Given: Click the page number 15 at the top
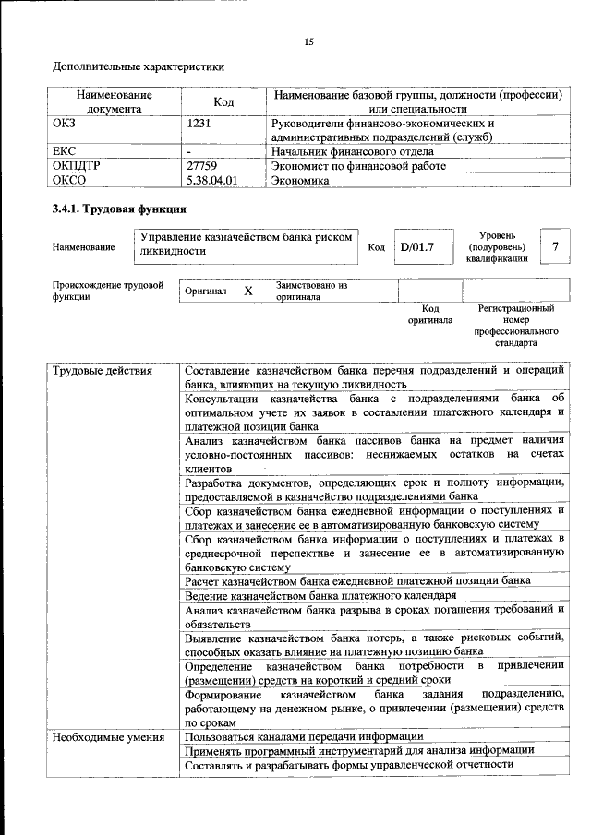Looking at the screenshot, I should tap(309, 42).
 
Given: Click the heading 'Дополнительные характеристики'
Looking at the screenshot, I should tap(139, 66).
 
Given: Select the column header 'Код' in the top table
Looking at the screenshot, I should tap(223, 102).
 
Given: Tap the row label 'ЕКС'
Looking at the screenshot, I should tap(66, 151).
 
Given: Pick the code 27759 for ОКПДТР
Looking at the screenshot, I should tap(204, 166).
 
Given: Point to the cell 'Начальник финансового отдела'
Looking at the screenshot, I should tap(352, 151).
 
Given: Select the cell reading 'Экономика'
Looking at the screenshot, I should tap(300, 181).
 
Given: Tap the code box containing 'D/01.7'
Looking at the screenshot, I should tap(416, 247).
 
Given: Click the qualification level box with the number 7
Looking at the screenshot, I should tap(554, 246).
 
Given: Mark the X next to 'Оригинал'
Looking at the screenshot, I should tap(247, 291).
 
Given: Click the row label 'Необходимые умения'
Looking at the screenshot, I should tap(108, 736).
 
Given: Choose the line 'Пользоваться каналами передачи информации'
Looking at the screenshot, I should tap(304, 736).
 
